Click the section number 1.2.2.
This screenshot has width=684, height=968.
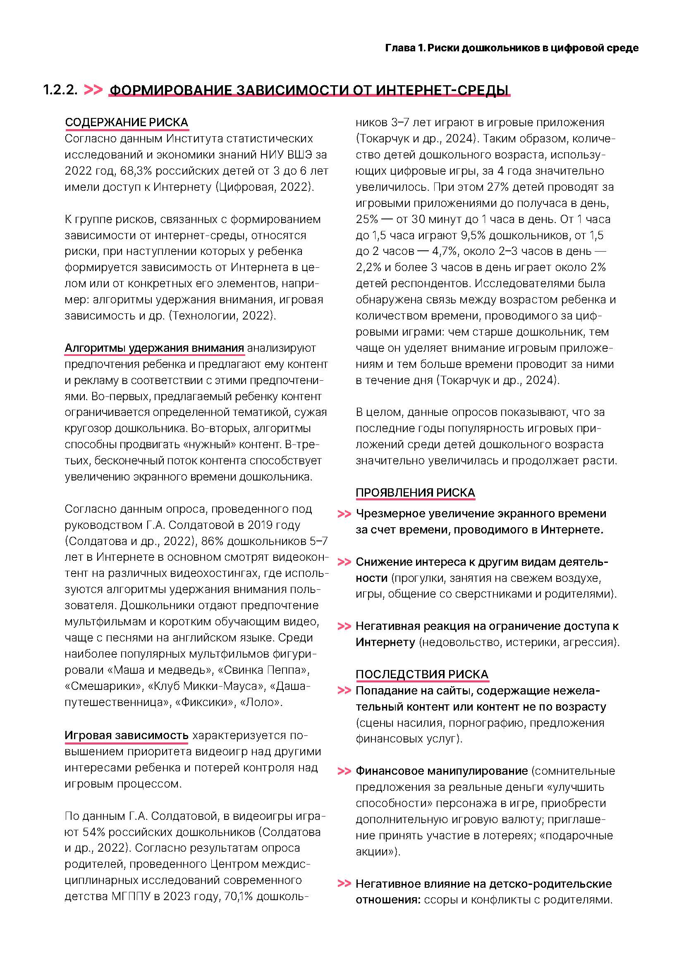click(60, 90)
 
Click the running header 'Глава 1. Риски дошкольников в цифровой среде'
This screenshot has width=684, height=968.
click(511, 48)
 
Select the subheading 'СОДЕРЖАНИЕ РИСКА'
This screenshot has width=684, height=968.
click(127, 122)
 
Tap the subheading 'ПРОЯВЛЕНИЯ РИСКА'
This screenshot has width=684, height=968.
click(415, 492)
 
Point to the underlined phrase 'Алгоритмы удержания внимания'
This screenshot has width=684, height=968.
click(154, 348)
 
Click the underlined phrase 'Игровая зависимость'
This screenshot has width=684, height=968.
click(127, 735)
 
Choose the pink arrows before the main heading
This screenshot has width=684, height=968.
click(93, 90)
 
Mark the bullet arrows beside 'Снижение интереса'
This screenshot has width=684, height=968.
click(344, 562)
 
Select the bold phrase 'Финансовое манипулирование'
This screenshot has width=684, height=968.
click(441, 771)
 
